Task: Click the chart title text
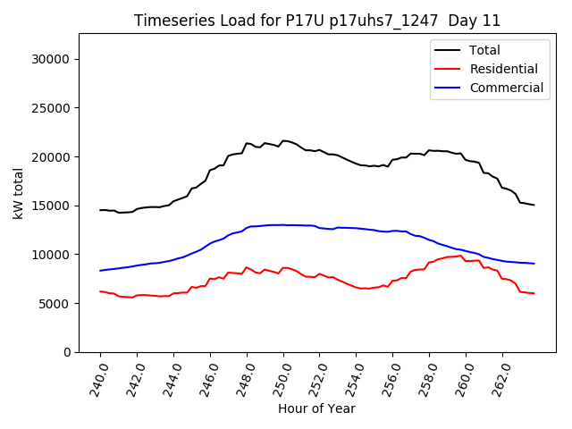click(317, 21)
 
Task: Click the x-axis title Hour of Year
click(316, 409)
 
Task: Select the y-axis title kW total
click(19, 193)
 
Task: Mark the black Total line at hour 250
click(283, 140)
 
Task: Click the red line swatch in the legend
click(448, 69)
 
